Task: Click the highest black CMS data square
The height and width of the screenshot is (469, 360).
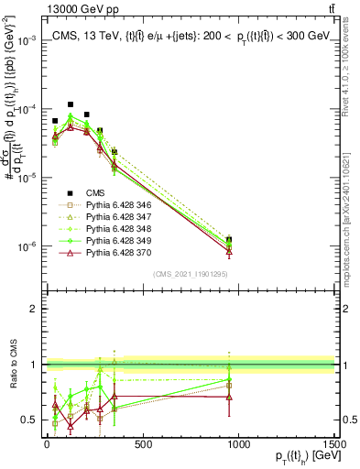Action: pyautogui.click(x=71, y=104)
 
